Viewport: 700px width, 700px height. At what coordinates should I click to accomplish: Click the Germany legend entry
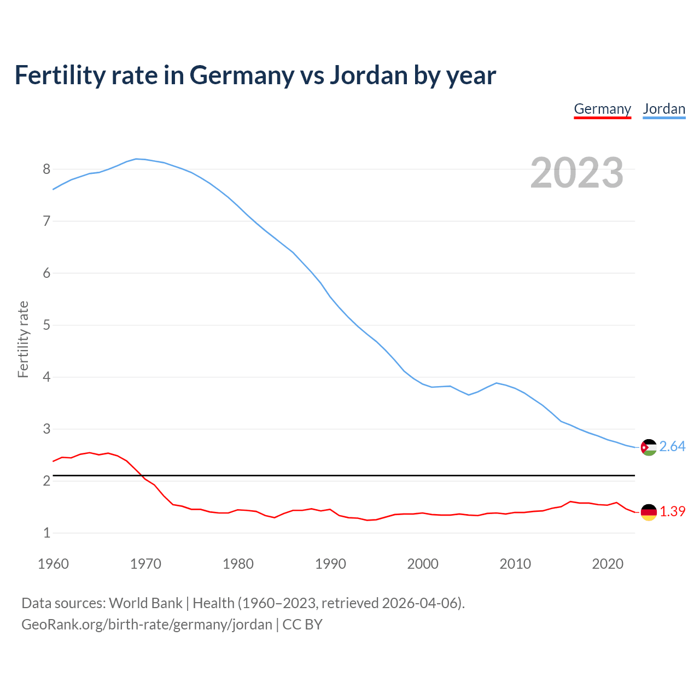tap(602, 109)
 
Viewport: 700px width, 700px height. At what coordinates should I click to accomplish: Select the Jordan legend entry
tap(664, 109)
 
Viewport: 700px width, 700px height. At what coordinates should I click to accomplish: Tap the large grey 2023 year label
tap(577, 173)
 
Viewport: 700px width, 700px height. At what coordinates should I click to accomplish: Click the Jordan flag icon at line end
tap(649, 447)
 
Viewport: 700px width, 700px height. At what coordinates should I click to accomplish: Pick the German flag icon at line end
tap(649, 512)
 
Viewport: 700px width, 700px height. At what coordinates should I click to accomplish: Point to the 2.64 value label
tap(672, 447)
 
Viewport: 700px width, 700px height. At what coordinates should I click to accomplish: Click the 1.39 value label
tap(672, 511)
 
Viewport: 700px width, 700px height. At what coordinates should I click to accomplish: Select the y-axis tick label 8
tap(46, 169)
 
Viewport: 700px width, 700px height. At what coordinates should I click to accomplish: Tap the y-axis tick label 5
tap(46, 325)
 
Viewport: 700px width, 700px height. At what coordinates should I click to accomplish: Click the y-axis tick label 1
tap(46, 533)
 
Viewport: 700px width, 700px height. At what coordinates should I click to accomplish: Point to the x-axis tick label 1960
tap(53, 564)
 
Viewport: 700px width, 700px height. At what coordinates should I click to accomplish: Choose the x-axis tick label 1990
tap(330, 564)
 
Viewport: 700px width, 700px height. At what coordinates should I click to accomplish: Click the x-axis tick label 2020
tap(608, 564)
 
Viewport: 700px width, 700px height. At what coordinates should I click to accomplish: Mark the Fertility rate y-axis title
tap(23, 339)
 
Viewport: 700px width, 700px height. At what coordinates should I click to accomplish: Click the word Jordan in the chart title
tap(368, 75)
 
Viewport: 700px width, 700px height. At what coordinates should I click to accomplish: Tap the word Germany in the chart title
tap(241, 76)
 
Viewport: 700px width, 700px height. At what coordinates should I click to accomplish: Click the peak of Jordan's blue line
tap(137, 159)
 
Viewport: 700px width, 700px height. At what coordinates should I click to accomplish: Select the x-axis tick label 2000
tap(423, 564)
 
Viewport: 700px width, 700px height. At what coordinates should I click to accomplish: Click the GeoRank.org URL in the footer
tap(147, 624)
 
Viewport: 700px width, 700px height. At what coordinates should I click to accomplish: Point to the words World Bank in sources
tap(145, 603)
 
